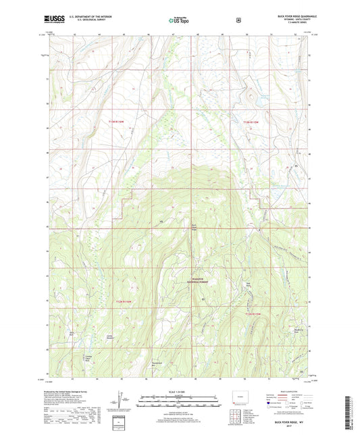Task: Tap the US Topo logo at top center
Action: pos(179,21)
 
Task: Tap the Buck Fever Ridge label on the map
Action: pos(195,227)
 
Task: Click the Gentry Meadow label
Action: pos(105,340)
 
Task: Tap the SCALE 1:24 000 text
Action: pos(179,392)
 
